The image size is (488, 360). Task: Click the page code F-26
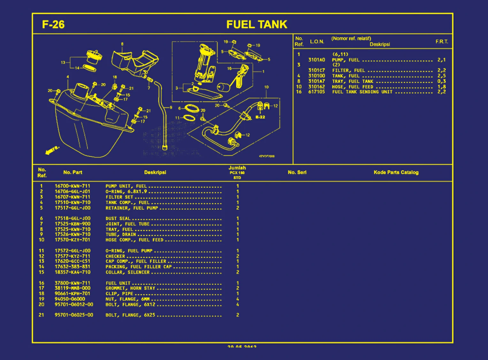(x=53, y=25)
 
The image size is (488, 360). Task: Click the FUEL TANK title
(x=257, y=25)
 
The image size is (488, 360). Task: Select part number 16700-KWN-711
(x=72, y=186)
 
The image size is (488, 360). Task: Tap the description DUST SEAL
(x=118, y=218)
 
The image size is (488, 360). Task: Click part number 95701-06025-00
(x=74, y=315)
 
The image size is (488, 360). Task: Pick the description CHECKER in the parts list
(x=115, y=256)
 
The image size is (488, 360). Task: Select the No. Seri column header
(x=297, y=172)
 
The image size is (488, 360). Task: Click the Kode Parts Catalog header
(x=396, y=172)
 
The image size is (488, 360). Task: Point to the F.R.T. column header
(x=442, y=42)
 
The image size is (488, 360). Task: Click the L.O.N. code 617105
(x=316, y=92)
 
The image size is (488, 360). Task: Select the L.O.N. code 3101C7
(x=316, y=70)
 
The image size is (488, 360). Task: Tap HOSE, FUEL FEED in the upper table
(x=353, y=87)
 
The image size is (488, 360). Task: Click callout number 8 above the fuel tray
(x=122, y=44)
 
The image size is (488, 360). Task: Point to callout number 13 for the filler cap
(x=63, y=63)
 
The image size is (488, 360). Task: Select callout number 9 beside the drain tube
(x=171, y=108)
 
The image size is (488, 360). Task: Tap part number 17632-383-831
(x=72, y=267)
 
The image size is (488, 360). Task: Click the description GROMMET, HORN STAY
(x=130, y=288)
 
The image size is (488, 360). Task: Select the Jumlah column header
(x=237, y=168)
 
